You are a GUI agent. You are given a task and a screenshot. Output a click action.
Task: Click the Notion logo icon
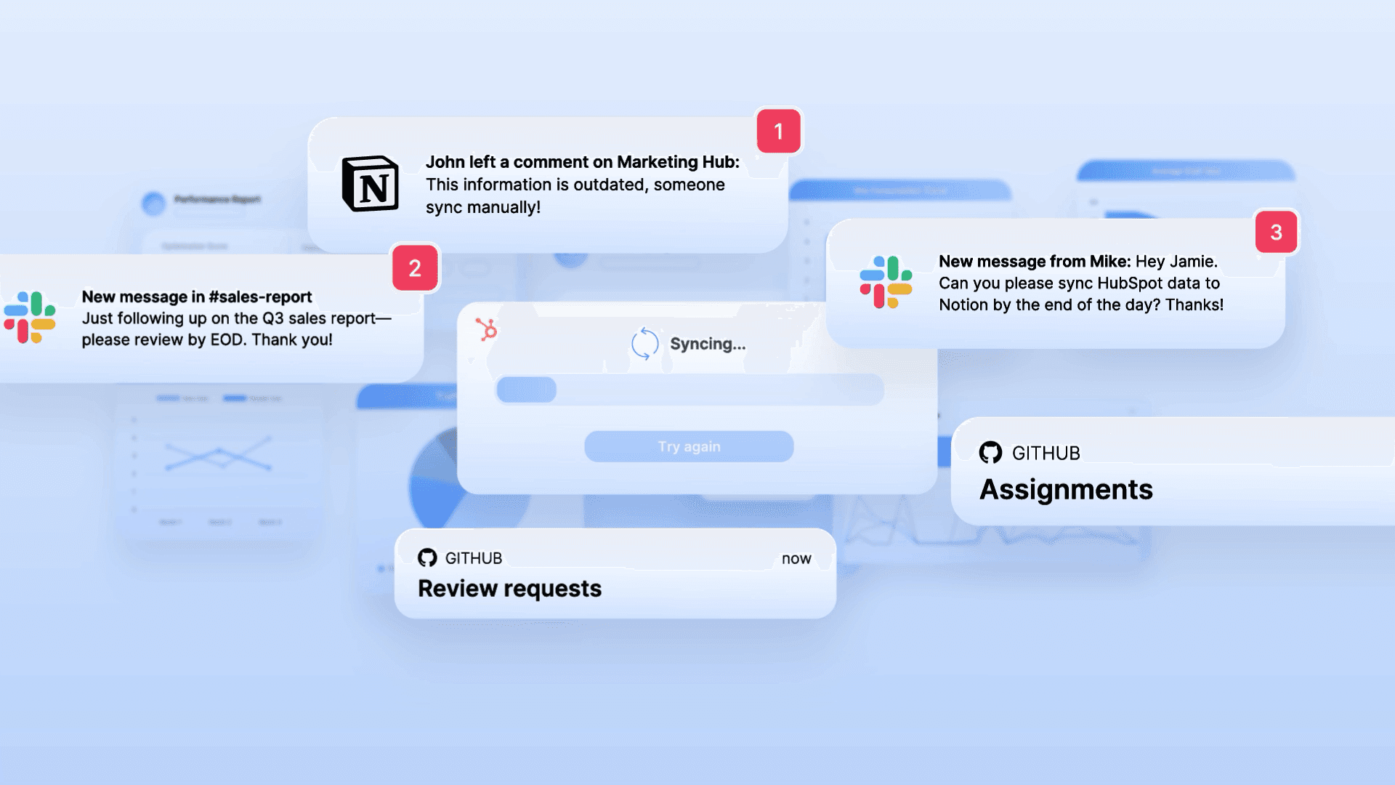coord(371,184)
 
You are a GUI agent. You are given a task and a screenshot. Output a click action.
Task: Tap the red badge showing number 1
coord(778,132)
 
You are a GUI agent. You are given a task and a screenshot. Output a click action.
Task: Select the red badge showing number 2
coord(415,268)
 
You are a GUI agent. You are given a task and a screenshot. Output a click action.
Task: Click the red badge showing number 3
coord(1276,233)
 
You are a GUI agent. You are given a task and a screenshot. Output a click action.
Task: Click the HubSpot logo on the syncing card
coord(487,329)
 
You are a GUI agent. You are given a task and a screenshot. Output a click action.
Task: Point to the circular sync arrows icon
coord(644,344)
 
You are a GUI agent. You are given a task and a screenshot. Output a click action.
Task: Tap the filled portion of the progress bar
coord(527,390)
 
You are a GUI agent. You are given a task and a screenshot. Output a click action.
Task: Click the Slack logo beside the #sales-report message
coord(30,318)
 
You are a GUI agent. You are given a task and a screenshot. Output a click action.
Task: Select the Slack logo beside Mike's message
coord(886,282)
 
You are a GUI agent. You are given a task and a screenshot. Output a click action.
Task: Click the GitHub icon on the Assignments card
coord(990,453)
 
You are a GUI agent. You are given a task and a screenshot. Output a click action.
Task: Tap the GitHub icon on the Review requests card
coord(427,557)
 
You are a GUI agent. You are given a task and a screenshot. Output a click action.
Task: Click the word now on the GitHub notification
coord(796,558)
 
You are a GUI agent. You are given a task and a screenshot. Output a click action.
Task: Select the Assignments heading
coord(1066,490)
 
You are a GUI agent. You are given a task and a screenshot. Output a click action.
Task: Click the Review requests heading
coord(509,589)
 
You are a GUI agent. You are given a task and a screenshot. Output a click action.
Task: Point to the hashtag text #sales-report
coord(260,297)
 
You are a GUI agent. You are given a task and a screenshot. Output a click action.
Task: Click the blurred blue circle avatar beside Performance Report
coord(153,204)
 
